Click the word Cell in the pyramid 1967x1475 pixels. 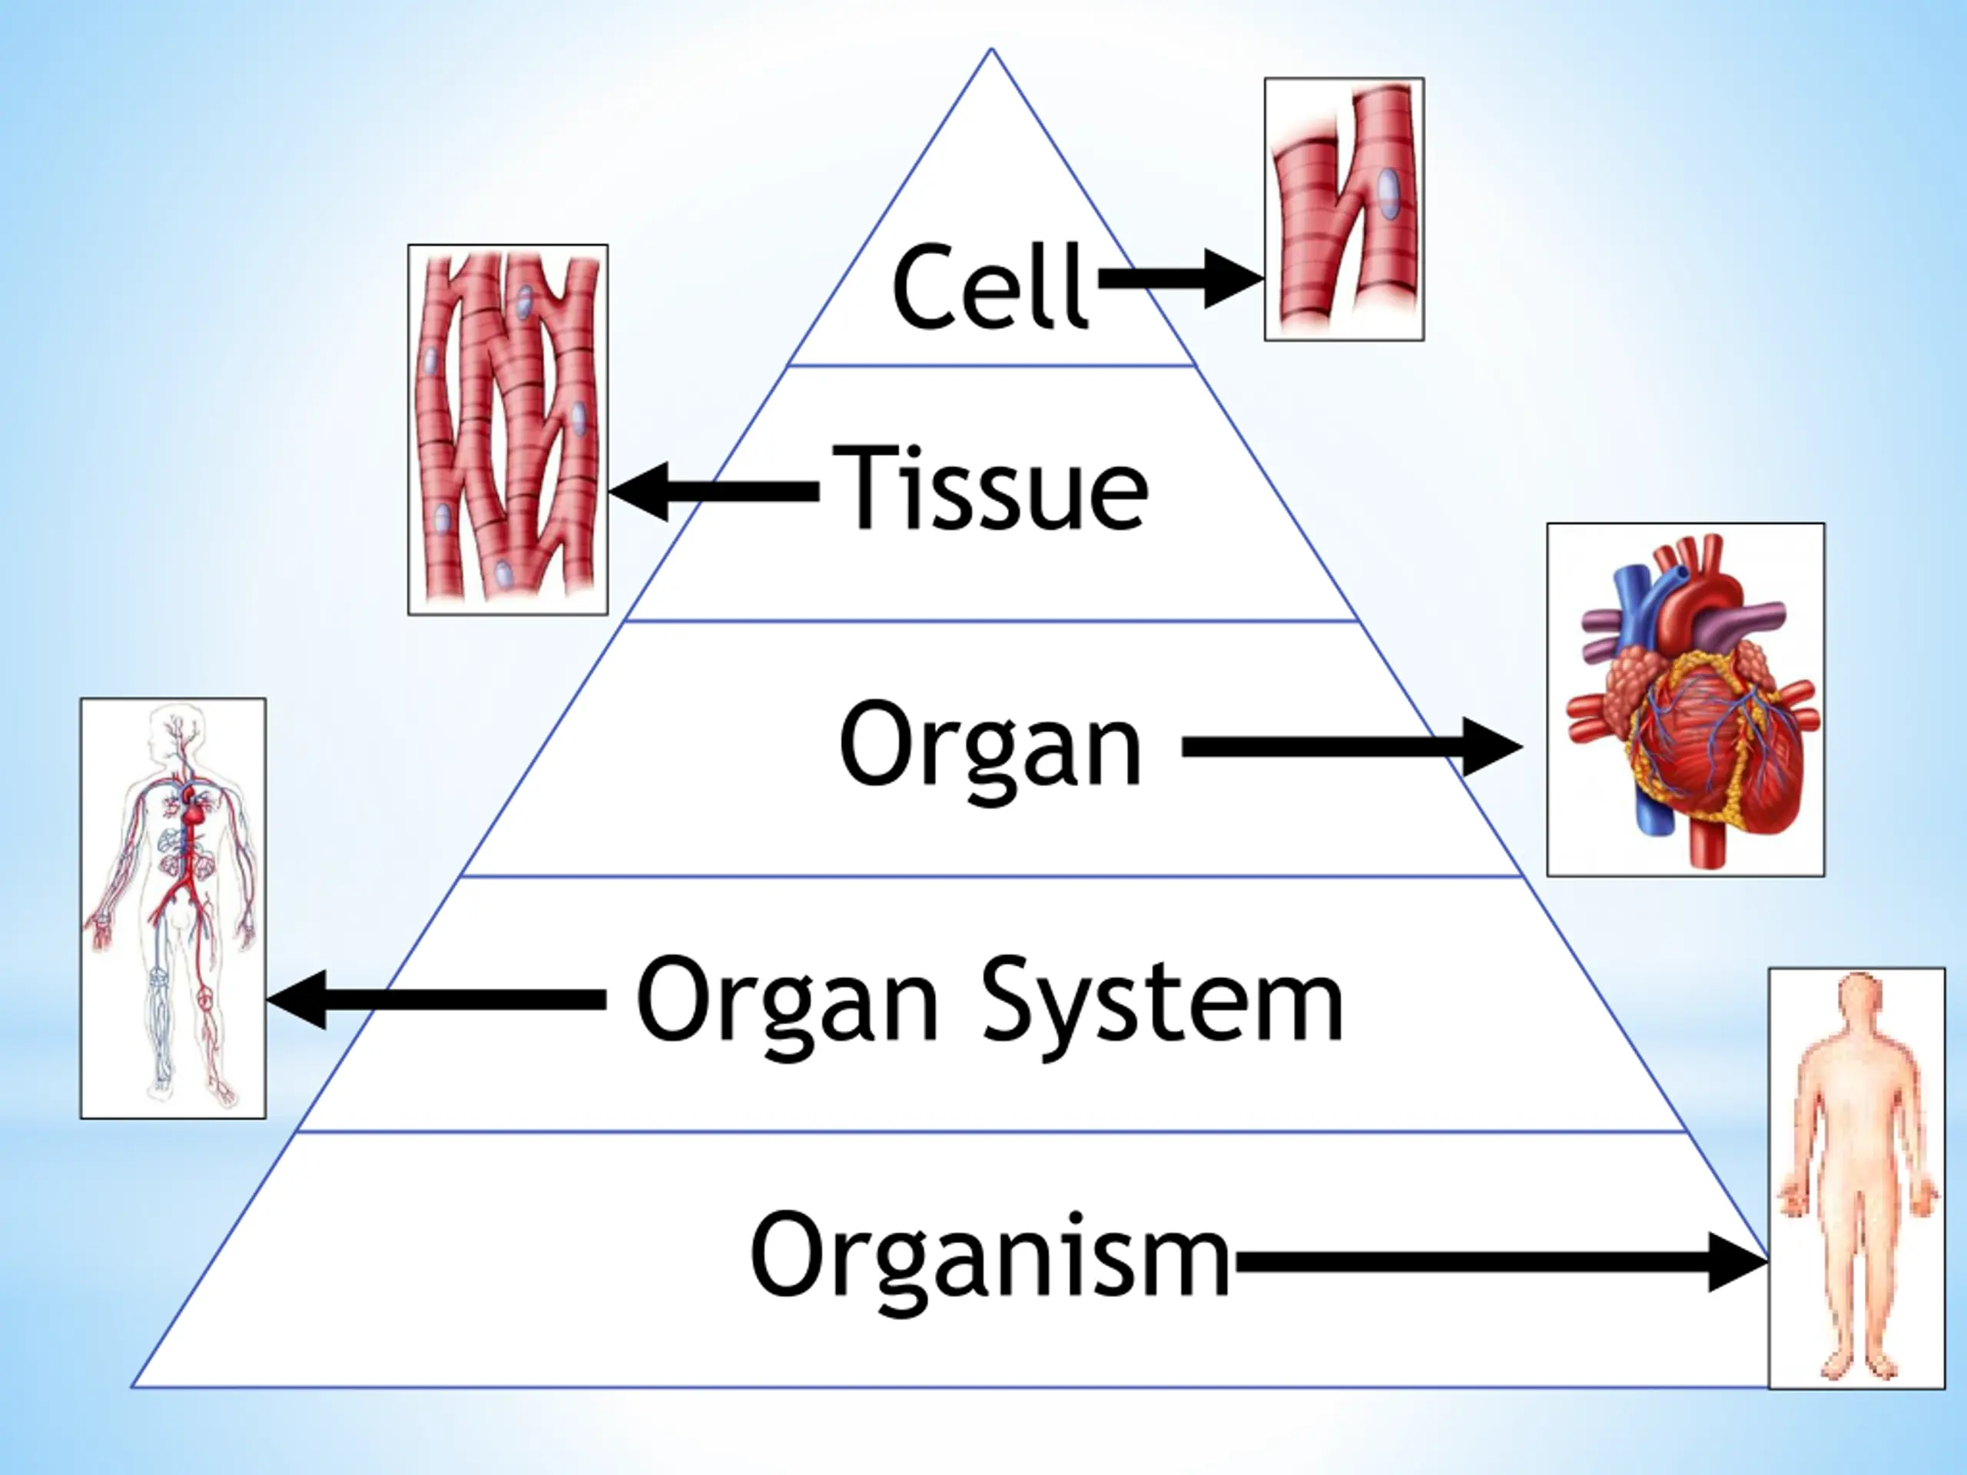[990, 287]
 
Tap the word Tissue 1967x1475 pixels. [990, 487]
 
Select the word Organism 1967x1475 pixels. [990, 1256]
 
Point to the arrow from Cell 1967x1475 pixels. [1182, 278]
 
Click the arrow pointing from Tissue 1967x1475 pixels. [714, 492]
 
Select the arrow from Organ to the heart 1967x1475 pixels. [1352, 747]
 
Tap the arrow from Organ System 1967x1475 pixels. [436, 1000]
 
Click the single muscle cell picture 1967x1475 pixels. [1344, 209]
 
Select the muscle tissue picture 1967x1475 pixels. [508, 429]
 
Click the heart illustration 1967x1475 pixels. [1686, 700]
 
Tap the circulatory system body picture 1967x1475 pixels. [174, 908]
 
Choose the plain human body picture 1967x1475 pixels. [1856, 1177]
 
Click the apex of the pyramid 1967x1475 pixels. [991, 49]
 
